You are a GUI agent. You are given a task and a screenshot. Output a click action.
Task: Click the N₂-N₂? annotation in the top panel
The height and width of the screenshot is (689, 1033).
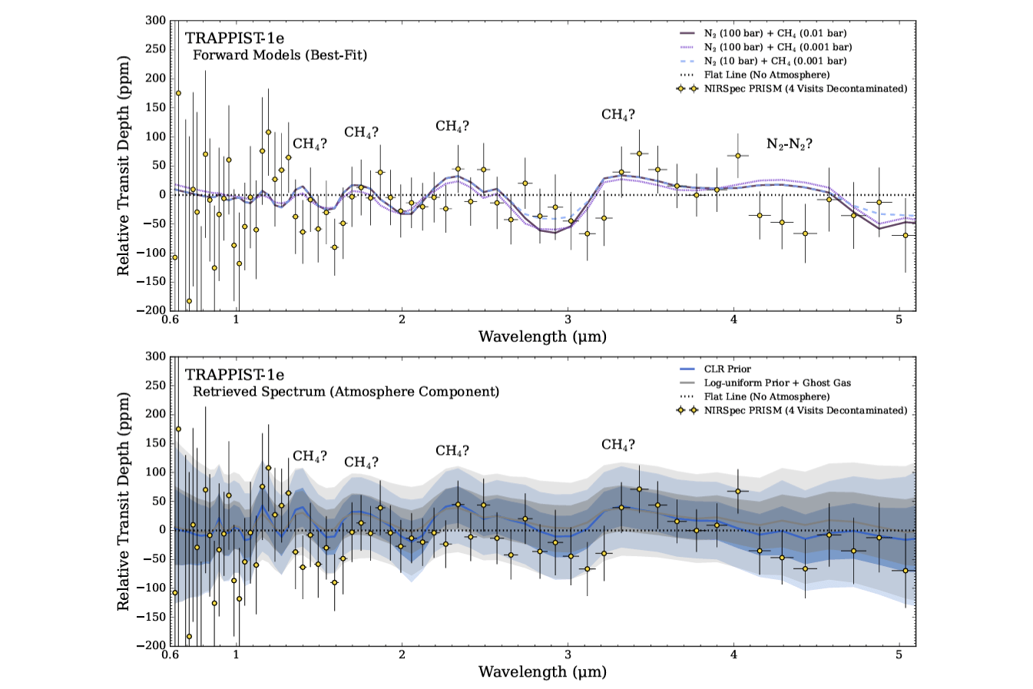789,144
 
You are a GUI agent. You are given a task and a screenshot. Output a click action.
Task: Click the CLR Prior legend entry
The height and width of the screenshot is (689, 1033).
727,369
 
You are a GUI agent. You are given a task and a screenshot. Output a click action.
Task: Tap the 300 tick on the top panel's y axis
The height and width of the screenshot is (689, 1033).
156,20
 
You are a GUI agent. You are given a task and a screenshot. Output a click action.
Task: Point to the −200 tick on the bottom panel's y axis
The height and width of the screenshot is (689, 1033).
154,645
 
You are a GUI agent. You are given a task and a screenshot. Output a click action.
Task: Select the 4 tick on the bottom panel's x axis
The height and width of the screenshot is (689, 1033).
733,655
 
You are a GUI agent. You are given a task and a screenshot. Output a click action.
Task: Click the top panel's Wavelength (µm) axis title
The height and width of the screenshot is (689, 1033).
542,336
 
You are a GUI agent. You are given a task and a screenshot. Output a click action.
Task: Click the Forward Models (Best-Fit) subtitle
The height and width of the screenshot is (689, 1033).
280,55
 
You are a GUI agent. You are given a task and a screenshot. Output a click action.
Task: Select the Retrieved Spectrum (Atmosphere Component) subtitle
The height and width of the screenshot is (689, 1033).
346,392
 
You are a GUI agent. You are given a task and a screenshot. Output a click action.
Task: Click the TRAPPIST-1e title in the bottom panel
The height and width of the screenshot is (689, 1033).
234,376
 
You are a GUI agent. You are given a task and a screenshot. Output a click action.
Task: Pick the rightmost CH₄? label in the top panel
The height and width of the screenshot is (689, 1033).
618,115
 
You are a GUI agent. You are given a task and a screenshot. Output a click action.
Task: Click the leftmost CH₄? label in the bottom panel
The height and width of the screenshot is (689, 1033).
310,456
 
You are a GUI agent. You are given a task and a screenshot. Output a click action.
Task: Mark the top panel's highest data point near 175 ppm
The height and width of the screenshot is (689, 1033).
178,93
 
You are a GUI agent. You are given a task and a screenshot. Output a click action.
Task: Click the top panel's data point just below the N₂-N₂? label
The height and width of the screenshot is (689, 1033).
738,155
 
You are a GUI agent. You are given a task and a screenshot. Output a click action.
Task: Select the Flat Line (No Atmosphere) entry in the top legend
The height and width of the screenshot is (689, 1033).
766,75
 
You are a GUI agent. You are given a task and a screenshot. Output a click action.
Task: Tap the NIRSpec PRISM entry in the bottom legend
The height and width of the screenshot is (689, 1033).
805,410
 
